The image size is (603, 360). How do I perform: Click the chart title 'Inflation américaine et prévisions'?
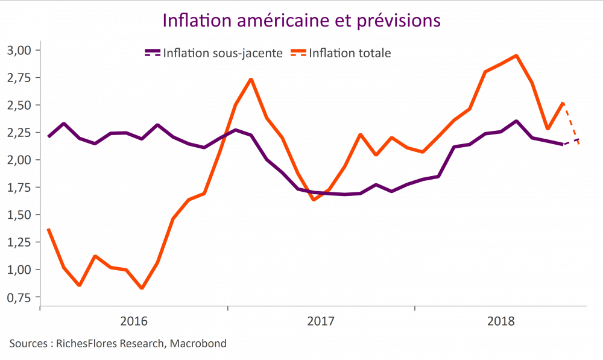tap(301, 20)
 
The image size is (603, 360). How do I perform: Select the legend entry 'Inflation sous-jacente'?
tap(222, 53)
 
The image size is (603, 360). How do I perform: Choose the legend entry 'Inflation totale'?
tap(350, 53)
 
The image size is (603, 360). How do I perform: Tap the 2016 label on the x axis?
tap(134, 321)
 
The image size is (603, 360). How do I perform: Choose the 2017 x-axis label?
tap(321, 321)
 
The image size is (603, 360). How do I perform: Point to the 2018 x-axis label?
tap(500, 321)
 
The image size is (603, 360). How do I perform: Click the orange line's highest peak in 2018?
tap(516, 56)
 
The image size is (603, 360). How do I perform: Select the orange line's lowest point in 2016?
tap(142, 288)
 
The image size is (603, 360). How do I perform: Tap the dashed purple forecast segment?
tap(571, 142)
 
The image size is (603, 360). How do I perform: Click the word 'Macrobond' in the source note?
tap(198, 344)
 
